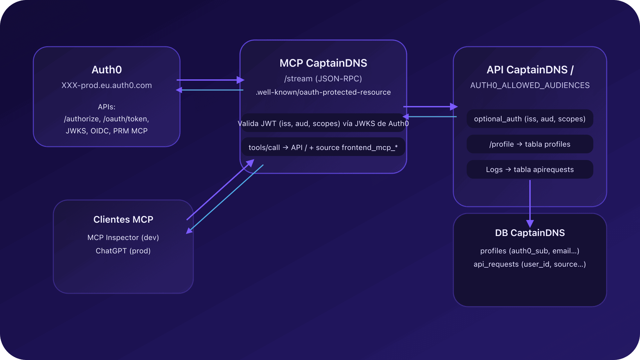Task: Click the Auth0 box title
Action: pos(107,70)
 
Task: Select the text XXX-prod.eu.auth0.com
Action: pos(107,85)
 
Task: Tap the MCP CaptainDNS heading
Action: pos(323,63)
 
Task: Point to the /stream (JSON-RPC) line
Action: pos(323,79)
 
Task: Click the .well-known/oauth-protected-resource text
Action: pos(323,92)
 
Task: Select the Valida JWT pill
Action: pos(323,124)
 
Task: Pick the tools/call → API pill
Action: pos(323,147)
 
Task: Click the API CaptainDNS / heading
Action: pos(530,70)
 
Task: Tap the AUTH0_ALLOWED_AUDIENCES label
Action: pos(530,85)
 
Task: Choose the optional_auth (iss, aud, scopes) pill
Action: pos(530,119)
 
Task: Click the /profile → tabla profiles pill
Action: pos(530,144)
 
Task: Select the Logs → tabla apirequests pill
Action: pos(530,170)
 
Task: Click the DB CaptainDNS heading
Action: pos(530,233)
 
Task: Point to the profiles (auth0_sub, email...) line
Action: pos(530,251)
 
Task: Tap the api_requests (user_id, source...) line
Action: pos(530,264)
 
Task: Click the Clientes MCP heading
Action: pos(123,219)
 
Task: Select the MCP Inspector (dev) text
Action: pos(123,238)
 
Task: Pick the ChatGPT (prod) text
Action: pos(123,251)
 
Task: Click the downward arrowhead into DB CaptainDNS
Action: pos(530,223)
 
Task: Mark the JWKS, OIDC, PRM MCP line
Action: pos(107,131)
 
